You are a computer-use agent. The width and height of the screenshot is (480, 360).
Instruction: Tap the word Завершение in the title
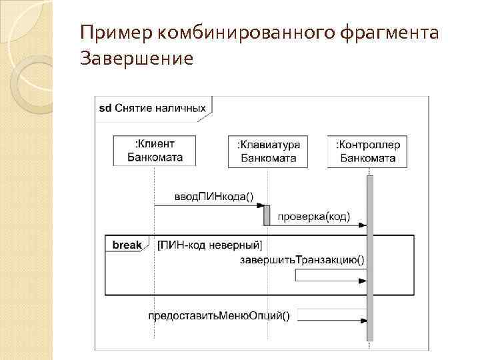[x=137, y=59]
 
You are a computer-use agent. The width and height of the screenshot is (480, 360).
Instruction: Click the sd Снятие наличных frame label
[x=153, y=108]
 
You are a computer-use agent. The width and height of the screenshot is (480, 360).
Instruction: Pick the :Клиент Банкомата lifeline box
[x=155, y=151]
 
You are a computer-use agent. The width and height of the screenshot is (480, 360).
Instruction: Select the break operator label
[x=127, y=245]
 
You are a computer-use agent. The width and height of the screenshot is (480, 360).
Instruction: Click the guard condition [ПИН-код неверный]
[x=209, y=245]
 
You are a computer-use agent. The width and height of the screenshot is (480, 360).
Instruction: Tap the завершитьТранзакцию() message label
[x=302, y=259]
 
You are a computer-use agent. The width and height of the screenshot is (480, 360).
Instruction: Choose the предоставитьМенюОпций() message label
[x=219, y=316]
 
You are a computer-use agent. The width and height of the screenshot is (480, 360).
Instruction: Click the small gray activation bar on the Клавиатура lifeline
[x=267, y=215]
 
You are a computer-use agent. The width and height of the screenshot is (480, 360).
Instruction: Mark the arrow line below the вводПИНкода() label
[x=209, y=205]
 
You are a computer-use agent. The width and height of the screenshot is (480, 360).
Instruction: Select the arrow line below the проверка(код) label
[x=317, y=225]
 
